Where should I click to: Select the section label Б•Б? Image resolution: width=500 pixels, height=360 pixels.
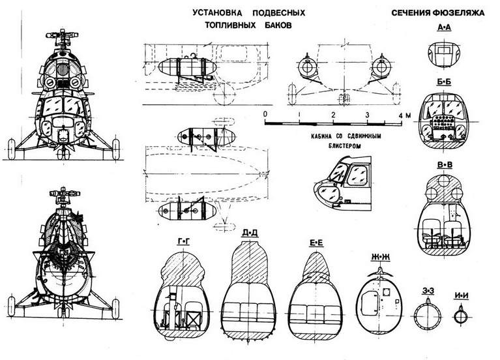(445, 86)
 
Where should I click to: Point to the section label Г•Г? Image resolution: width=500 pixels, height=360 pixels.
(184, 241)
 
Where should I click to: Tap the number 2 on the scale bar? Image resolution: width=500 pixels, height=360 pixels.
(333, 115)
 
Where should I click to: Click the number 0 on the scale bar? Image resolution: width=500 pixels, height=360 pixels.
(265, 114)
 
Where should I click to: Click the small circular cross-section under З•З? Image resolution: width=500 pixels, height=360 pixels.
(428, 315)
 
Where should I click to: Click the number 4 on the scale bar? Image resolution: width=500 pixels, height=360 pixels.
(400, 115)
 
